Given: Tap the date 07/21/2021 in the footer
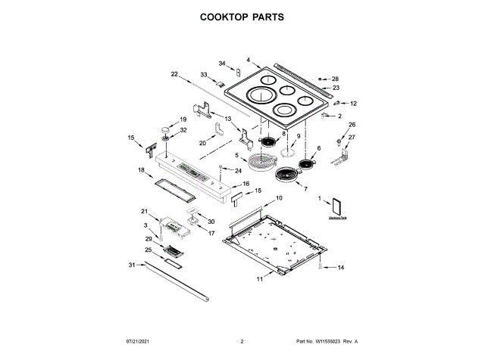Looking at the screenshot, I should click(x=140, y=342).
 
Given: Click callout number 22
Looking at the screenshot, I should click(x=174, y=74).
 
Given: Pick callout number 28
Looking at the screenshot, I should click(x=335, y=79).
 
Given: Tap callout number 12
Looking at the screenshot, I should click(x=353, y=103).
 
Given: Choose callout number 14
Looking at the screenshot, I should click(x=340, y=268).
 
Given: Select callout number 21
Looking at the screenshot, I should click(x=145, y=211).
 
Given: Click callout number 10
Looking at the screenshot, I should click(x=278, y=197).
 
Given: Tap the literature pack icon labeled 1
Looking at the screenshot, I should click(x=337, y=205).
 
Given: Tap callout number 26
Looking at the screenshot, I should click(x=351, y=125).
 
